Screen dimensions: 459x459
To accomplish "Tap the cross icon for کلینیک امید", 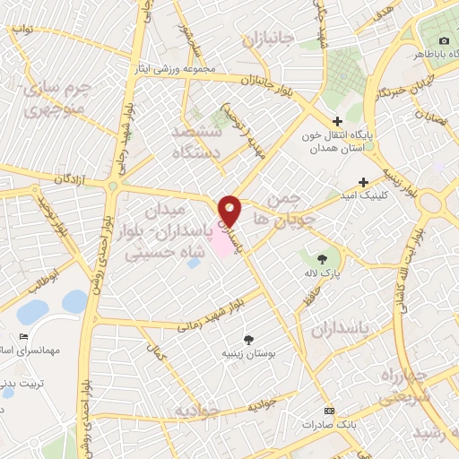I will (363, 180).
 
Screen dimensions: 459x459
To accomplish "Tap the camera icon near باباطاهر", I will (444, 41).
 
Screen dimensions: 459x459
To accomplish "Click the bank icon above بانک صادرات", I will (328, 409).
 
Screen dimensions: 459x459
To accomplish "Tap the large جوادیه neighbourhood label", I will (199, 411).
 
